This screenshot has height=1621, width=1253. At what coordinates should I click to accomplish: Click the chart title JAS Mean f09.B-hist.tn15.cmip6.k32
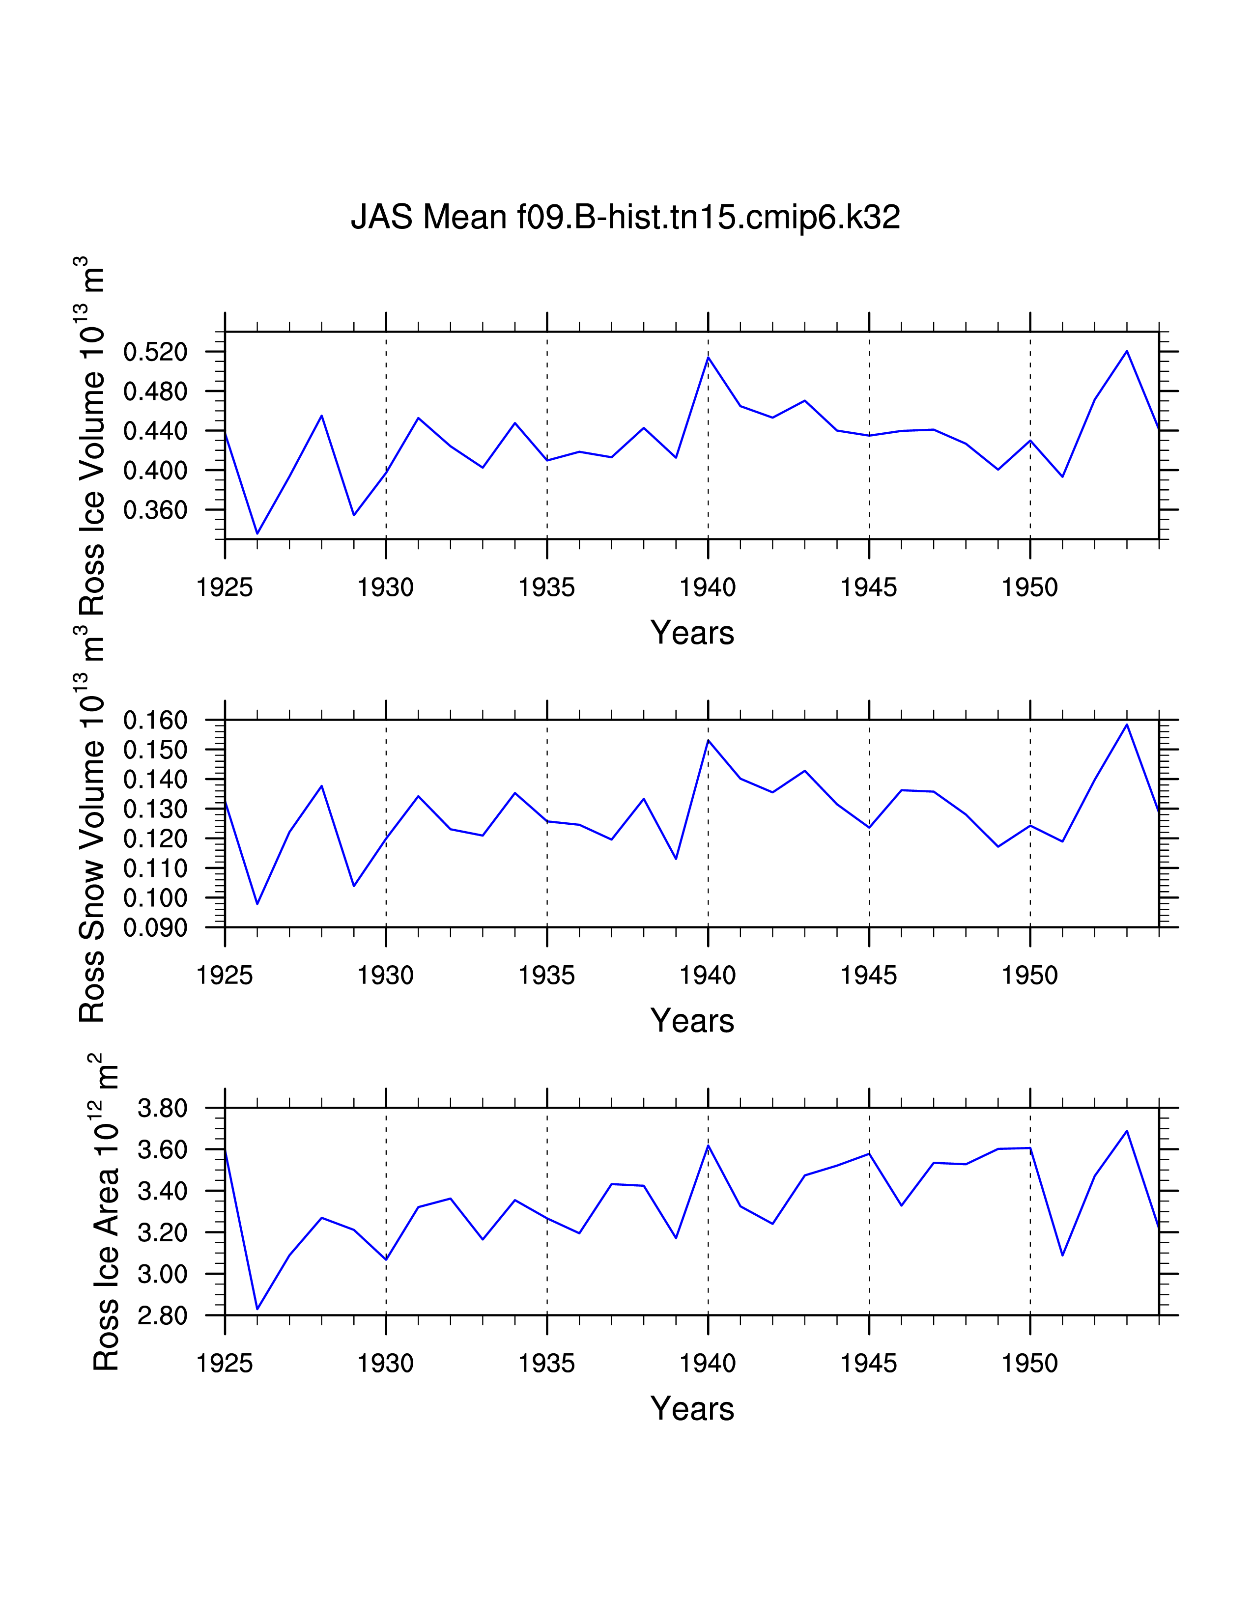(625, 217)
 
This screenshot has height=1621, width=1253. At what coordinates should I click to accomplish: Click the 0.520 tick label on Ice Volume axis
(155, 352)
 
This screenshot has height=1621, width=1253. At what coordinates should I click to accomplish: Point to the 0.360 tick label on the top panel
(155, 510)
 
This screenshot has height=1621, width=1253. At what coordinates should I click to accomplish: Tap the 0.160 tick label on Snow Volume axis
(155, 720)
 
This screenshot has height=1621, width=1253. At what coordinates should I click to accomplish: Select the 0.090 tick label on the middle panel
(155, 928)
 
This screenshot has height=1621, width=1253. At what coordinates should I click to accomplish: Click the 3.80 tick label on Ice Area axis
(163, 1109)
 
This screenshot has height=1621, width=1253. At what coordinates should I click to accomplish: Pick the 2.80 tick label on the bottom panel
(163, 1316)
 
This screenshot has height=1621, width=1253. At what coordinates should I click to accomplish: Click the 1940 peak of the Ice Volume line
(708, 358)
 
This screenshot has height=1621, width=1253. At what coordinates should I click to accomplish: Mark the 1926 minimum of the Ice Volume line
(257, 533)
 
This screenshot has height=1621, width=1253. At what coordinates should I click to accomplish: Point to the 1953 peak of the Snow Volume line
(1127, 725)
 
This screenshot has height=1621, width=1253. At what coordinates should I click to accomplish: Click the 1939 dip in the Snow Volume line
(676, 859)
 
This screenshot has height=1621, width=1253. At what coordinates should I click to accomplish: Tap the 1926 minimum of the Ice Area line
(257, 1309)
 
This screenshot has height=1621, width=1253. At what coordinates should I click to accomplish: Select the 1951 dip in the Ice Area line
(1062, 1255)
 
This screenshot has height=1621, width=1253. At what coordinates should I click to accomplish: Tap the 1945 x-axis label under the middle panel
(868, 975)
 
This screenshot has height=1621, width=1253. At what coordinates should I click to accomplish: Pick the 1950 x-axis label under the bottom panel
(1029, 1364)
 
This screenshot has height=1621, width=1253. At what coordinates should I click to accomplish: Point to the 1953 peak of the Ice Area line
(1127, 1131)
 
